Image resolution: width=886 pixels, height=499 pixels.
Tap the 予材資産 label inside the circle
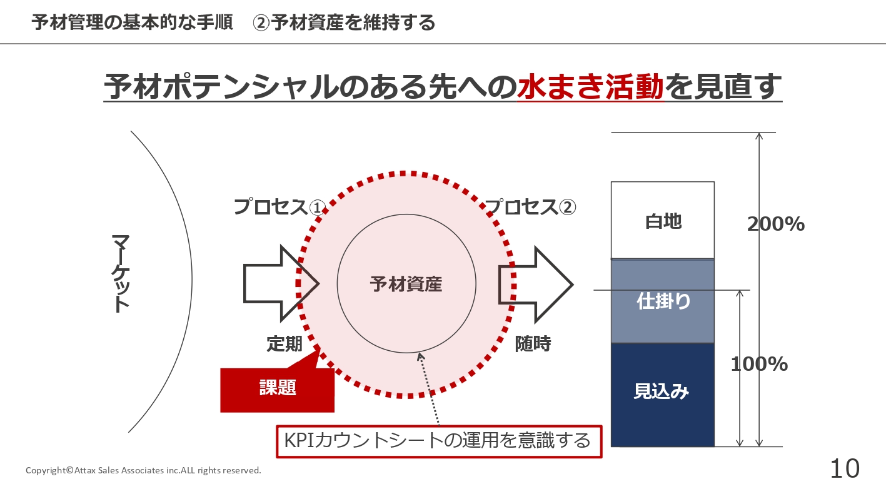[406, 285]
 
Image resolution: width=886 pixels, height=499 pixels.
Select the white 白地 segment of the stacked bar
[663, 221]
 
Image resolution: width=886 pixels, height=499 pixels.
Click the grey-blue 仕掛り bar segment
[663, 301]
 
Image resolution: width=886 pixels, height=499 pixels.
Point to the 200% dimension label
[776, 224]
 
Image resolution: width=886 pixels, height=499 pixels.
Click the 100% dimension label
[760, 364]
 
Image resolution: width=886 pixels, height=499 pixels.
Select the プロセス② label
[530, 206]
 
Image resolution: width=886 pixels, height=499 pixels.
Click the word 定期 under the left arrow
[284, 344]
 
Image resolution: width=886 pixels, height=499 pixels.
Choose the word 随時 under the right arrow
[533, 344]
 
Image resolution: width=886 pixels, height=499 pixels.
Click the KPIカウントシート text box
[437, 441]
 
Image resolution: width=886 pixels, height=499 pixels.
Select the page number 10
[845, 468]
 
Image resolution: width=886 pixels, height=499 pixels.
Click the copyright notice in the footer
[143, 470]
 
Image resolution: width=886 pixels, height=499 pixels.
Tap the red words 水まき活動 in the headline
[590, 87]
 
